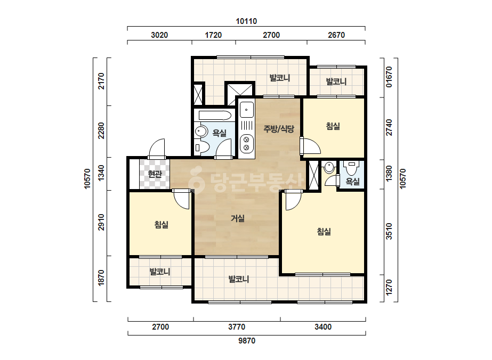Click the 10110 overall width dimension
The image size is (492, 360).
246,21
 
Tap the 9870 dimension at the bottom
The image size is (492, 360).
247,340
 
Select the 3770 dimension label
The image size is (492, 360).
237,327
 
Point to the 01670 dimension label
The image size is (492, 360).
389,77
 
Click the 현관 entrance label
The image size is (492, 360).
155,174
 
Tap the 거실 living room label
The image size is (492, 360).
238,218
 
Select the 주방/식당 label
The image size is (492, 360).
279,128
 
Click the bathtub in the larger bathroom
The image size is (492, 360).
215,116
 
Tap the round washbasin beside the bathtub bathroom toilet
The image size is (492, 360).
200,131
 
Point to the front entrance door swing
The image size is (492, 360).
157,149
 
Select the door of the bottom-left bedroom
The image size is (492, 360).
182,199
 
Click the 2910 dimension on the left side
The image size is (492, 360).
101,222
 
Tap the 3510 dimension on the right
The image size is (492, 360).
389,231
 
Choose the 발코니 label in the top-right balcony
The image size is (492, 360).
336,81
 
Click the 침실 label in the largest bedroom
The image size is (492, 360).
324,232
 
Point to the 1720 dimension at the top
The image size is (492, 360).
213,35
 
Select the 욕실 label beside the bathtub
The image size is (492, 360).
219,133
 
